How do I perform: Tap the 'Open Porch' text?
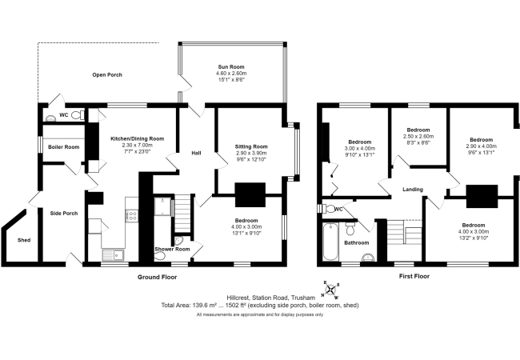point(108,75)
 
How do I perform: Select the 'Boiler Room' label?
point(64,147)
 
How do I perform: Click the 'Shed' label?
point(24,239)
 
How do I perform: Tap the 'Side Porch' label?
point(64,214)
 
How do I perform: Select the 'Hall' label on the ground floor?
point(195,154)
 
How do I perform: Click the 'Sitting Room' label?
point(250,147)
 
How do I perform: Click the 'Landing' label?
point(414,190)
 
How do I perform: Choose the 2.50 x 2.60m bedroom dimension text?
point(418,136)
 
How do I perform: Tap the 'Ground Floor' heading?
point(157,277)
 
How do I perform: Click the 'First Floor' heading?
point(414,277)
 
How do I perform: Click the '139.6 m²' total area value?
point(208,305)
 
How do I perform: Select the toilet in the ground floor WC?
point(77,115)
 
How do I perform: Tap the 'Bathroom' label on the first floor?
point(356,242)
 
